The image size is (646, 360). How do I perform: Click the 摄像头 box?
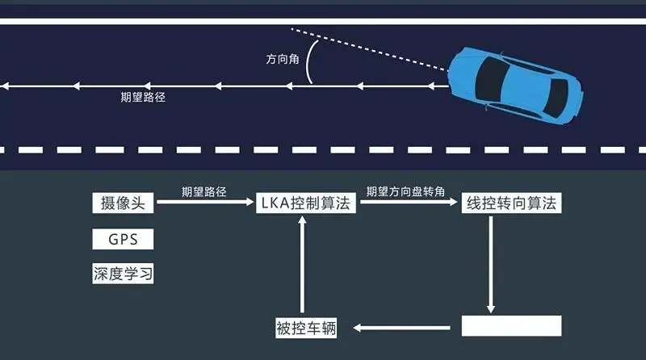tap(123, 203)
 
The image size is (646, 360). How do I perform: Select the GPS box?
tap(123, 239)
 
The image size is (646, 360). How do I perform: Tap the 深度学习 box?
tap(123, 274)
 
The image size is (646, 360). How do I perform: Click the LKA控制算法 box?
tap(305, 203)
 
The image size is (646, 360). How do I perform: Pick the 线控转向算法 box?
tap(511, 203)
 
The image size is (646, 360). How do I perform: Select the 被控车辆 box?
tap(305, 328)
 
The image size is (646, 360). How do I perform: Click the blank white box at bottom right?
tap(511, 326)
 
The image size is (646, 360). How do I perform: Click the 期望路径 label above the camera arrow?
tap(203, 191)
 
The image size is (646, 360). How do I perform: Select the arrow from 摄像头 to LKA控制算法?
tap(205, 203)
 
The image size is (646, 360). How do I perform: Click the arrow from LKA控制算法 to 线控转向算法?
tap(409, 203)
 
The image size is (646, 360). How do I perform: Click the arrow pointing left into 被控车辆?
tap(404, 328)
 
